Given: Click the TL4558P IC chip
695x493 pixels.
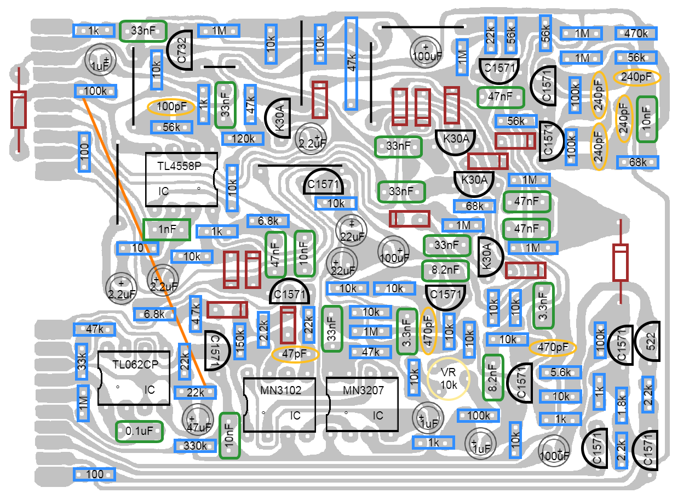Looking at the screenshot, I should tap(181, 179).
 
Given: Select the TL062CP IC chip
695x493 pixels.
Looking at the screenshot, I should tap(134, 378).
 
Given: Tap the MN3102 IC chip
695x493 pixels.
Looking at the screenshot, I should tap(279, 404).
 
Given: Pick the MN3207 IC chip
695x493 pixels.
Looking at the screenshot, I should tap(362, 404).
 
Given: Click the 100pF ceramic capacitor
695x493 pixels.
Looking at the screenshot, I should tap(171, 106).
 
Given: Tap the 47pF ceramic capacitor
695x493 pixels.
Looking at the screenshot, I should tap(295, 354).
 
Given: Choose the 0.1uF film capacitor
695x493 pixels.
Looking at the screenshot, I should tap(139, 431).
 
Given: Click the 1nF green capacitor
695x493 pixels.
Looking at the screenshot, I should tap(166, 229).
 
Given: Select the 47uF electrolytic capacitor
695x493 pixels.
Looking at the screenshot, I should tap(198, 421).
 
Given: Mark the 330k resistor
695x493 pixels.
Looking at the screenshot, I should tap(195, 446).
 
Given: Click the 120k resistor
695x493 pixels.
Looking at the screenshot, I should tap(242, 139).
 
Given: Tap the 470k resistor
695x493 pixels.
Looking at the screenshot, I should tap(636, 33).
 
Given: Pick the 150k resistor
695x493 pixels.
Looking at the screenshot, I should tap(239, 341).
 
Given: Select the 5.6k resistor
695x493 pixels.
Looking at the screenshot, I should tap(560, 372).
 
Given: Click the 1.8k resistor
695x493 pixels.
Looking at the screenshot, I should tap(621, 405).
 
